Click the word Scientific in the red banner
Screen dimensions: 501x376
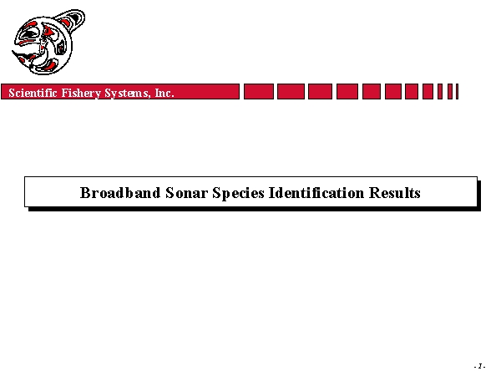coord(33,93)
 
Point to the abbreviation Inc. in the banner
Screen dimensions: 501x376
coord(164,93)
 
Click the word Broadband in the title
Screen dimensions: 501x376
coord(120,192)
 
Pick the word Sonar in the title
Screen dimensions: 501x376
coord(186,193)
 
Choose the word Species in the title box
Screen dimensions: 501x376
coord(238,194)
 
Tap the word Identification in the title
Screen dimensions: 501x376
coord(316,192)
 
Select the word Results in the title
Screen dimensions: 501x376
coord(395,192)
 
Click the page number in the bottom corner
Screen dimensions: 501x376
coord(479,366)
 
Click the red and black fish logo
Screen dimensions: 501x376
coord(48,43)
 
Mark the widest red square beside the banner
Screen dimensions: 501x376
coord(259,91)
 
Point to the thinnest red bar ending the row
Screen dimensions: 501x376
coord(458,91)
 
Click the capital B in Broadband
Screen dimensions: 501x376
coord(85,192)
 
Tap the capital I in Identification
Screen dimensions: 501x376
coord(272,192)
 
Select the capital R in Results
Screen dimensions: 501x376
coord(374,192)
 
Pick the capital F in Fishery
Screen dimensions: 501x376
coord(65,93)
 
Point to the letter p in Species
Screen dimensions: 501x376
coord(225,195)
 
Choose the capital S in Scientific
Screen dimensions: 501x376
coord(12,93)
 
